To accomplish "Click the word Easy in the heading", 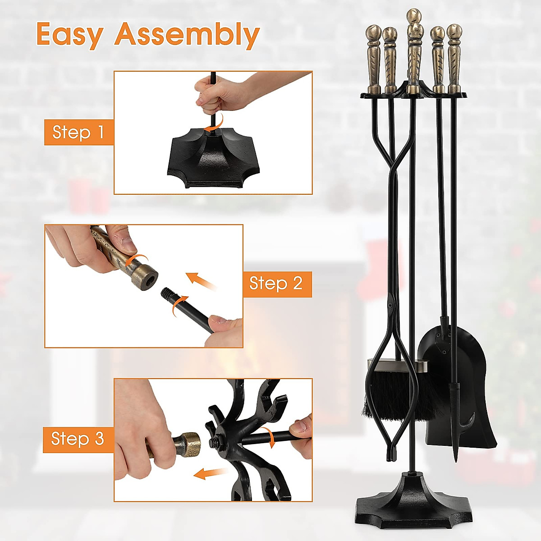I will (x=70, y=34).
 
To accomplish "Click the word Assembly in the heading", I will (x=187, y=35).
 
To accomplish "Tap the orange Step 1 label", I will (x=78, y=132).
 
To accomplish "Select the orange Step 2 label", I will (x=276, y=284).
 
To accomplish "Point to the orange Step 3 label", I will (x=78, y=439).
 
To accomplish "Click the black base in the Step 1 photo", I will (x=211, y=162).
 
